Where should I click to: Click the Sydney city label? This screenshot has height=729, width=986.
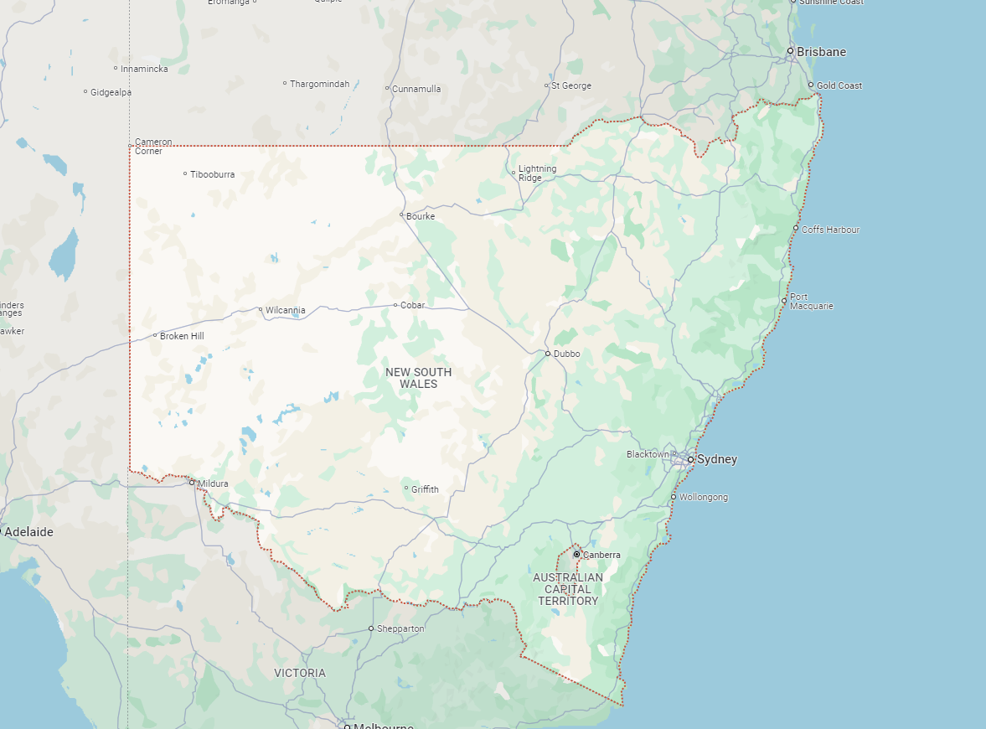click(x=717, y=459)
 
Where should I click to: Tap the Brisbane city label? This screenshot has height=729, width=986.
click(x=821, y=52)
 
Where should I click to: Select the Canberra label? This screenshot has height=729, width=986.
click(x=601, y=555)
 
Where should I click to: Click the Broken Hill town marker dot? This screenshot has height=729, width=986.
click(x=155, y=336)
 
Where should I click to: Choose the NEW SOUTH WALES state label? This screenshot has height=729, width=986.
click(x=419, y=378)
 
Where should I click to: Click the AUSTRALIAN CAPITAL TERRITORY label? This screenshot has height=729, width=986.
click(x=568, y=589)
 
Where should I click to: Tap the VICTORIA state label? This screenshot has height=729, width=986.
click(x=300, y=673)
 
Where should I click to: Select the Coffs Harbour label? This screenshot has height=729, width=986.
click(x=830, y=230)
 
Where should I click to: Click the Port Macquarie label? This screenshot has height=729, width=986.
click(x=811, y=302)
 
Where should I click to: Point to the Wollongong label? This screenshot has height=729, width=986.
click(x=703, y=497)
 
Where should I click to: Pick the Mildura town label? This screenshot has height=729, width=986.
click(x=213, y=483)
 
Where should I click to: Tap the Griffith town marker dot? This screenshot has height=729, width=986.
click(x=406, y=489)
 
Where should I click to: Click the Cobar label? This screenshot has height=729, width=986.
click(x=412, y=305)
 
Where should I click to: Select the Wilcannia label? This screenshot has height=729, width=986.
click(x=285, y=310)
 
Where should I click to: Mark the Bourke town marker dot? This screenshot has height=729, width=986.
click(x=401, y=215)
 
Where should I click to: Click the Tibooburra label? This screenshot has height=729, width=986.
click(x=212, y=174)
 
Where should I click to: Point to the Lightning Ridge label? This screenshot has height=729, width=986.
click(x=537, y=173)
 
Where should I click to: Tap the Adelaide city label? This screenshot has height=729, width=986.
click(x=28, y=532)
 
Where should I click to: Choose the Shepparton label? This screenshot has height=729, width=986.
click(x=400, y=628)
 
